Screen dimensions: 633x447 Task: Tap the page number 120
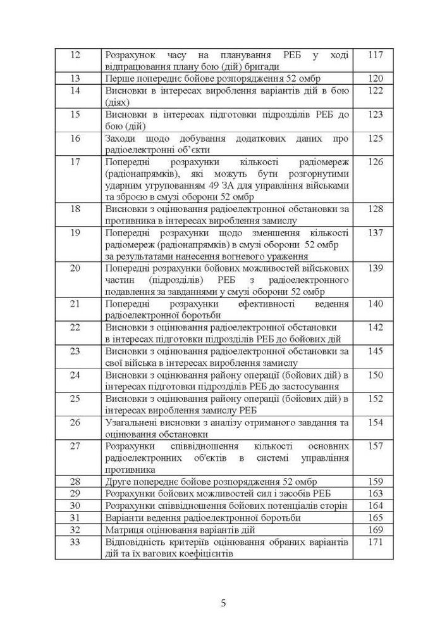(376, 78)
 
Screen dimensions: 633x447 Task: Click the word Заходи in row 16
(120, 138)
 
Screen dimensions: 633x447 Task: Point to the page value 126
(376, 162)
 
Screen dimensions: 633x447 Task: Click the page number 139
(376, 268)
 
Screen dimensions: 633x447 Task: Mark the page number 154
(376, 422)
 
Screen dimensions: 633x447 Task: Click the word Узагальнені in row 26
(131, 422)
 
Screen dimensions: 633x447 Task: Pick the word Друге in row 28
(118, 482)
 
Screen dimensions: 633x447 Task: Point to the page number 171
(376, 542)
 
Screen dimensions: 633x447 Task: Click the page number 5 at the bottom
(224, 603)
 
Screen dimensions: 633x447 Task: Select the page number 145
(376, 351)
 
